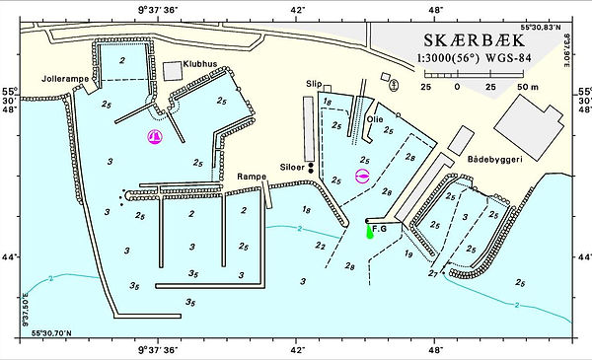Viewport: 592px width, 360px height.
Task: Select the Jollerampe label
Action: (62, 77)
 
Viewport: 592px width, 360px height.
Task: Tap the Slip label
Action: (315, 84)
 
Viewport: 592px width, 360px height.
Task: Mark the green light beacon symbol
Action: (370, 232)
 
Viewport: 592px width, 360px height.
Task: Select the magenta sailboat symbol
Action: (154, 137)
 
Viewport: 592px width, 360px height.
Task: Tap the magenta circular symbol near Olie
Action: (362, 177)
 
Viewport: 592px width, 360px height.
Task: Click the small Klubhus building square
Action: (175, 69)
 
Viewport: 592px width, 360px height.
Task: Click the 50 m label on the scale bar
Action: (524, 87)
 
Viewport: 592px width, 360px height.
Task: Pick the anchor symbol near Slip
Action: (394, 86)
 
